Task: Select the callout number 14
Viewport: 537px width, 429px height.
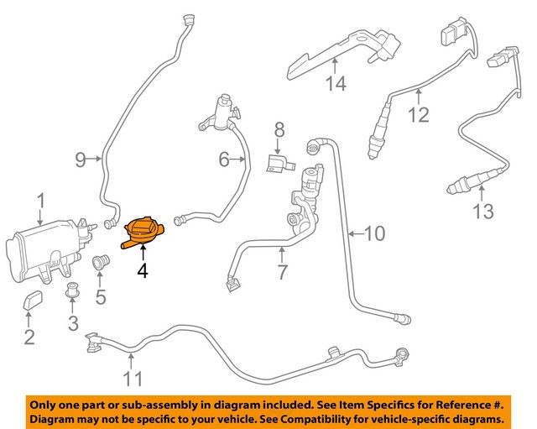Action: click(336, 83)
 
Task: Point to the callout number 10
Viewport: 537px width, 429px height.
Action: click(374, 233)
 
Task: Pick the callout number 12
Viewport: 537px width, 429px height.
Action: click(417, 115)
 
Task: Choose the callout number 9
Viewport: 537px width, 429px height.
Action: click(81, 158)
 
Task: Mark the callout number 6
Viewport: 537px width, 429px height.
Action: click(224, 158)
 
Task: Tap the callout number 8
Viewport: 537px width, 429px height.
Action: click(279, 129)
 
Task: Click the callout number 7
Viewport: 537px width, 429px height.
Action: click(282, 272)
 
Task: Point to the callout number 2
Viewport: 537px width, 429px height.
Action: click(29, 337)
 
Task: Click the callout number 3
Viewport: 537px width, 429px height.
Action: click(72, 323)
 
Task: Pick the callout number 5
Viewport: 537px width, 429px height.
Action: click(101, 296)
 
